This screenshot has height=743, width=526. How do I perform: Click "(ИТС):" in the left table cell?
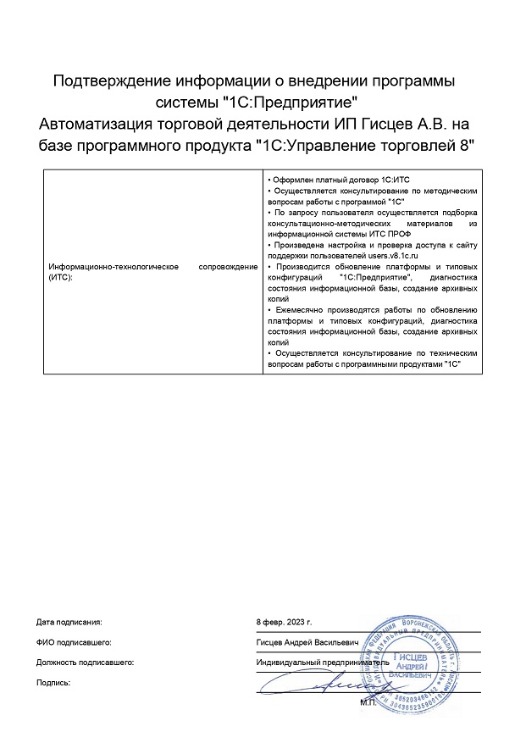point(62,277)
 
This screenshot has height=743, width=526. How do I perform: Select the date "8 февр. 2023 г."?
point(290,623)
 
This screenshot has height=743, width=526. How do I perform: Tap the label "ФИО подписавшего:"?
point(74,642)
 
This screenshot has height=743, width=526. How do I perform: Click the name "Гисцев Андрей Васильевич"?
point(307,642)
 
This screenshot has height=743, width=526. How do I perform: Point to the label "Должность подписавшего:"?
point(86,662)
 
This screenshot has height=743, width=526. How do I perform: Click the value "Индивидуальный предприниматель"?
point(322,662)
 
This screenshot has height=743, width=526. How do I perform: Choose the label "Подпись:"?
point(54,681)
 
